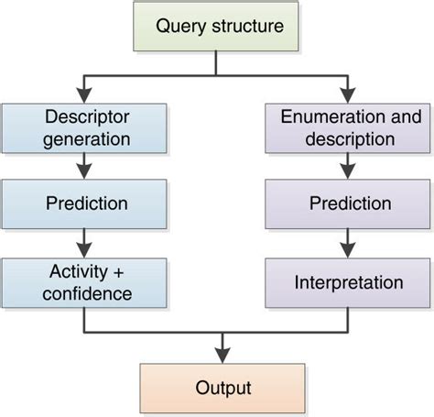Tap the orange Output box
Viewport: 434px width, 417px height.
[x=221, y=387]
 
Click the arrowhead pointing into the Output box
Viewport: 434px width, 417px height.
[x=221, y=356]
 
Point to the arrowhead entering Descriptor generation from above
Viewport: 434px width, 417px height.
[x=84, y=94]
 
